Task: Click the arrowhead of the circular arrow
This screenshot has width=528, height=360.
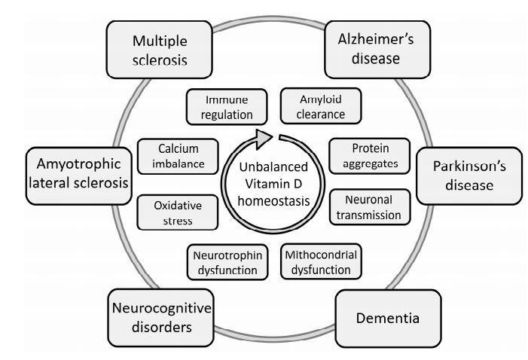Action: (x=261, y=137)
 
